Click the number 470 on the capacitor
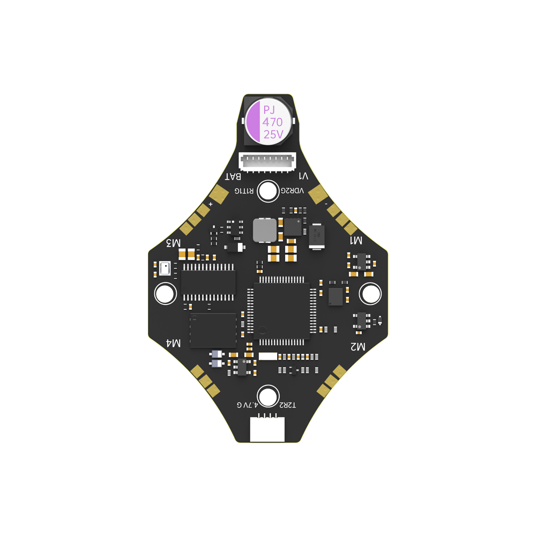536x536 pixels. [x=272, y=122]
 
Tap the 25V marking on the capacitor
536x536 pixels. [x=273, y=135]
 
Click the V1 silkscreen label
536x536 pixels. [x=303, y=176]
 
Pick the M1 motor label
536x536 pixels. [x=356, y=240]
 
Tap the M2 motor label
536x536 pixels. [x=358, y=347]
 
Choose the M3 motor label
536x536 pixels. [x=173, y=242]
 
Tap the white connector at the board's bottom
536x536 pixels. [x=267, y=430]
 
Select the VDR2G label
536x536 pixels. [x=293, y=191]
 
